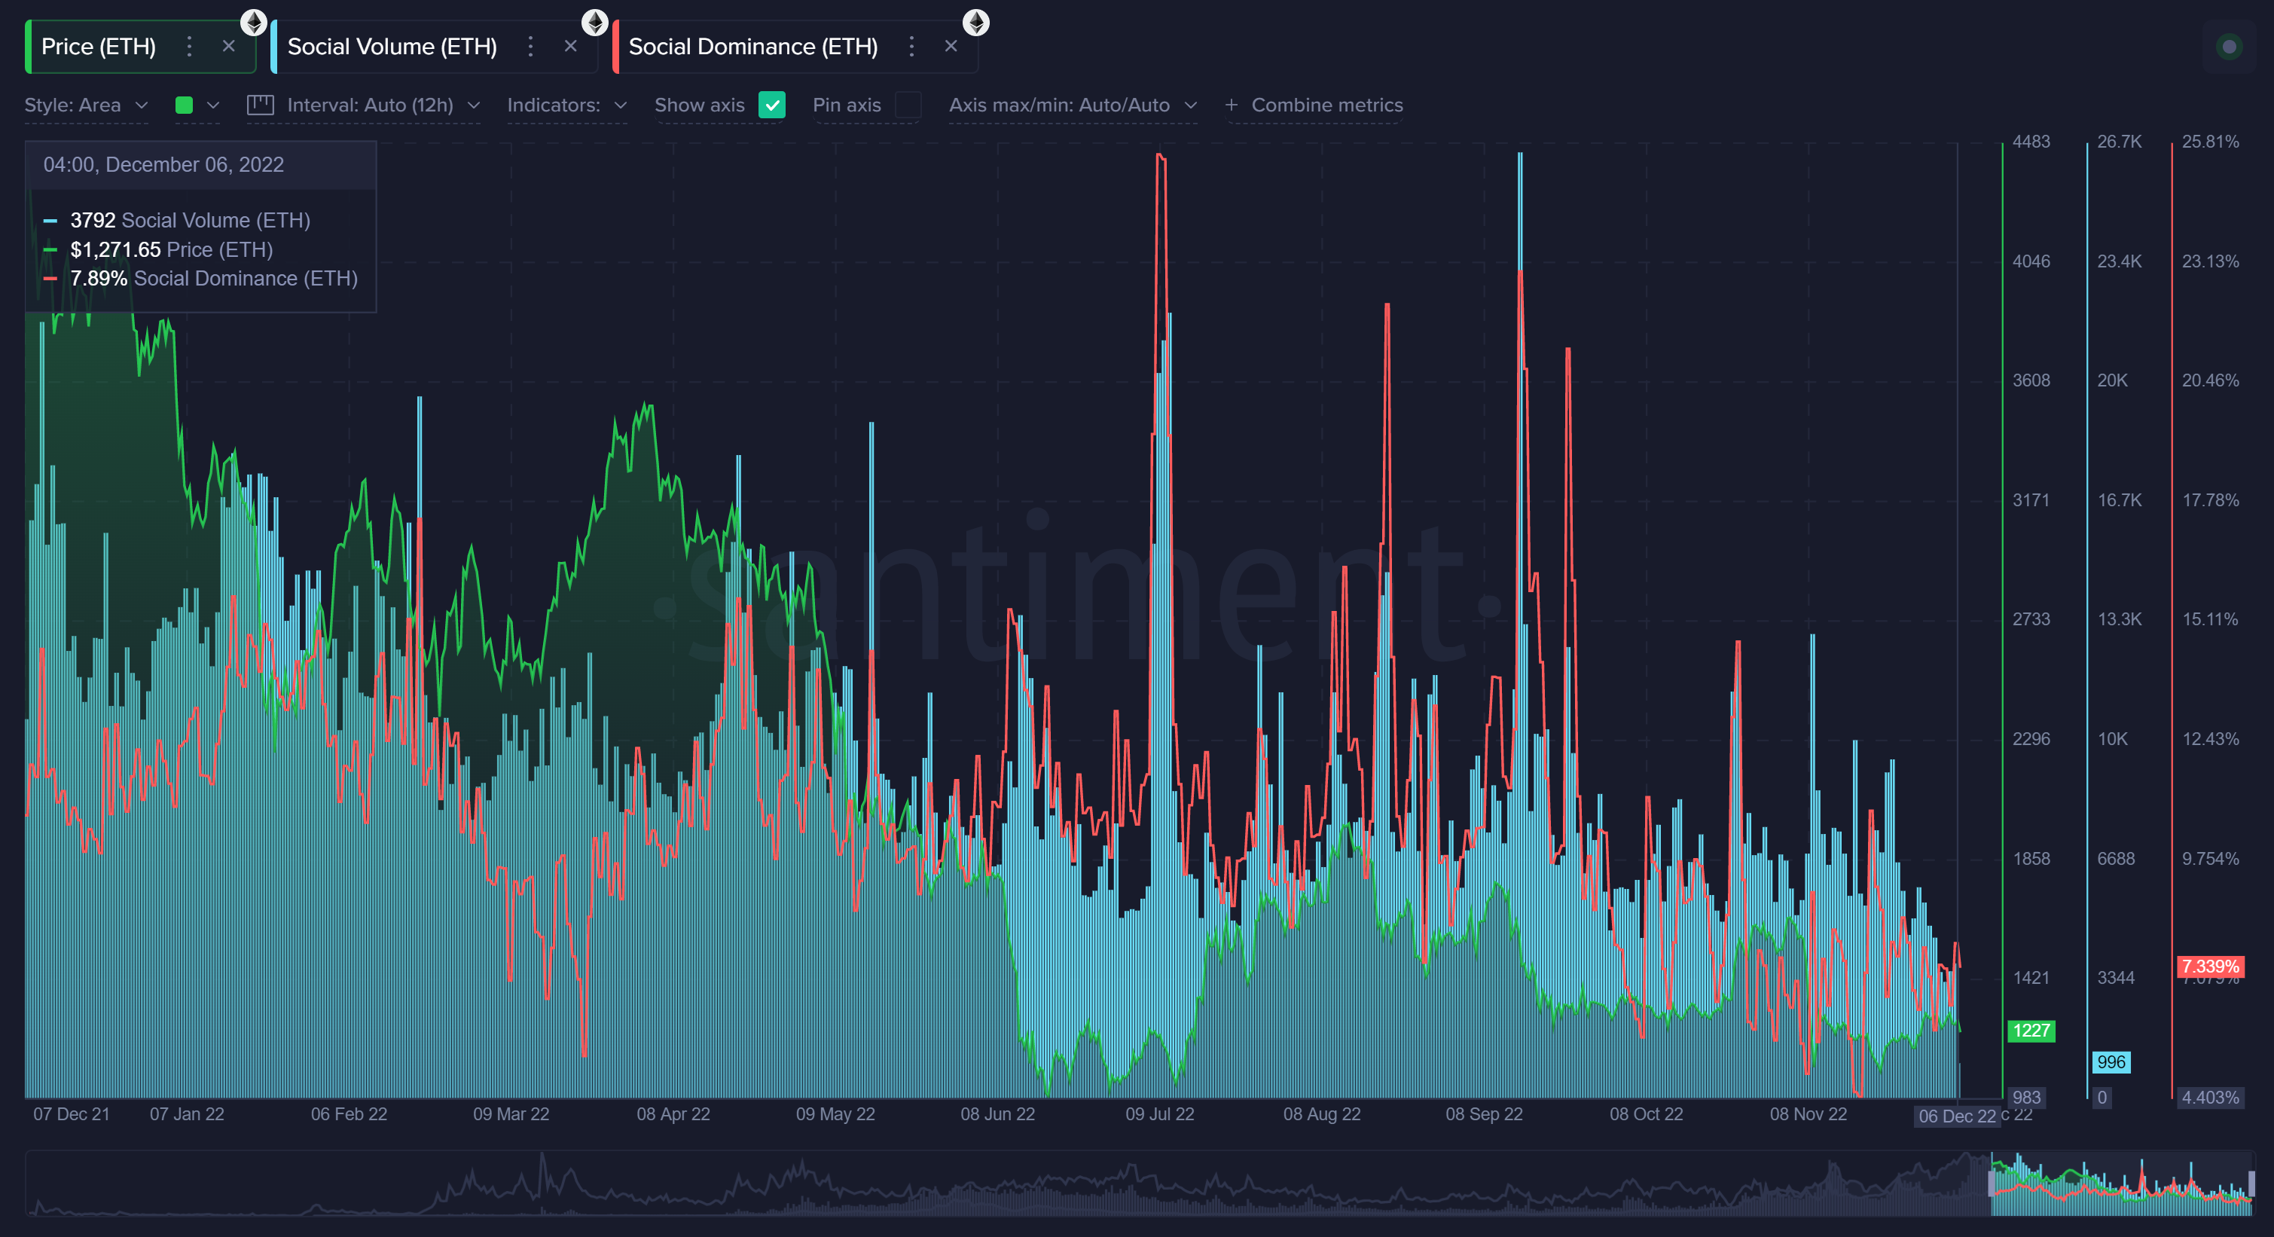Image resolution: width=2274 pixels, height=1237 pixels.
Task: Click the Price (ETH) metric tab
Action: point(98,47)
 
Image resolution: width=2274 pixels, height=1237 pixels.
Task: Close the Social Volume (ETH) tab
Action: point(570,46)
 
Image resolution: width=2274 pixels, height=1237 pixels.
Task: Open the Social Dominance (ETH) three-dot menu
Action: point(911,46)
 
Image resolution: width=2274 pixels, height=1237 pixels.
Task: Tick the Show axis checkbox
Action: point(771,105)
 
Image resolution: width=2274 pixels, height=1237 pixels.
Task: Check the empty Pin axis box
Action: point(908,105)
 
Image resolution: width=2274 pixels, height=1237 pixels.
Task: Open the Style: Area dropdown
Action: point(86,105)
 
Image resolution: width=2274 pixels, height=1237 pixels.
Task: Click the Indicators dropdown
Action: point(566,105)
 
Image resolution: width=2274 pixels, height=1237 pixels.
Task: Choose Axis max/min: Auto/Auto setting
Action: point(1072,105)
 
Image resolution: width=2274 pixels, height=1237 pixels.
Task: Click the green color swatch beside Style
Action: point(185,105)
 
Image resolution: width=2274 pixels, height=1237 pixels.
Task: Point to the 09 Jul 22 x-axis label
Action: point(1159,1114)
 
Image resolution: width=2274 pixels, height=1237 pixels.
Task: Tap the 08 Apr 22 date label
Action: point(673,1114)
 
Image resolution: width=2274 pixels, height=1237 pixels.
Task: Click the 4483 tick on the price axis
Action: point(2031,142)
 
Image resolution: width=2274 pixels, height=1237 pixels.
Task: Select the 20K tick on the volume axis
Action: point(2111,380)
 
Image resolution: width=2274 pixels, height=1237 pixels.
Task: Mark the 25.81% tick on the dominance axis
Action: point(2209,142)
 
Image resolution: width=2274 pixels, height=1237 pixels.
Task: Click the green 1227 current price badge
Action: point(2031,1031)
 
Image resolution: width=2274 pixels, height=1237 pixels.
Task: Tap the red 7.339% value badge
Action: point(2209,966)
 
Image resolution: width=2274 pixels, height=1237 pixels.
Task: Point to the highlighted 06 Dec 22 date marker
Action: point(1956,1116)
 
